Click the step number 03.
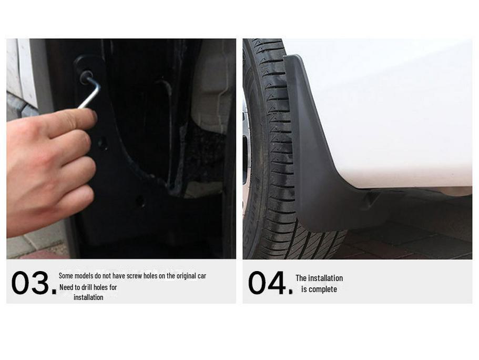point(33,283)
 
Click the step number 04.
point(269,283)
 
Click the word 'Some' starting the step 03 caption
point(66,276)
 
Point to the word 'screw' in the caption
point(134,276)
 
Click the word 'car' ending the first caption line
point(201,276)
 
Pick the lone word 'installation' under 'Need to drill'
point(88,297)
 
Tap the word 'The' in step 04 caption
point(301,278)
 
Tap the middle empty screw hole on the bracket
point(102,143)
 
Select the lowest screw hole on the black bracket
point(140,201)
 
